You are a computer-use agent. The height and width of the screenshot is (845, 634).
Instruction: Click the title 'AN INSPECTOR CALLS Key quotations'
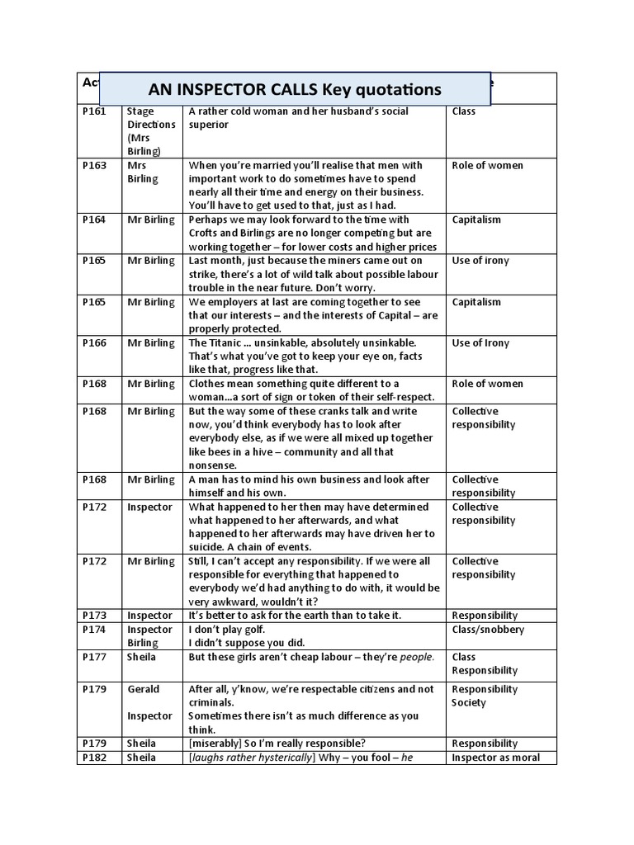(x=295, y=89)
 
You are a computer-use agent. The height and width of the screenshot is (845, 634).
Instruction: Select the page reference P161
(x=95, y=111)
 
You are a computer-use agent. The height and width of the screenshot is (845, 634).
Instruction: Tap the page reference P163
(x=95, y=166)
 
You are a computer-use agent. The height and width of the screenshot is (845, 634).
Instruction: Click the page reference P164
(x=95, y=220)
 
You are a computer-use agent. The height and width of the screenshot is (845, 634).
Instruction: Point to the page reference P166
(x=95, y=343)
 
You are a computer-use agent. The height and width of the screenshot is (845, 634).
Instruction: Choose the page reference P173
(x=95, y=616)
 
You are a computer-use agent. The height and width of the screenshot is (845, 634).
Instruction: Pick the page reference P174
(x=95, y=630)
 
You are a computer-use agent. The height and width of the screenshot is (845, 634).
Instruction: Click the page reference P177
(x=95, y=657)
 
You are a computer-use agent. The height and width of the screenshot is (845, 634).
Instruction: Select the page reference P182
(x=95, y=758)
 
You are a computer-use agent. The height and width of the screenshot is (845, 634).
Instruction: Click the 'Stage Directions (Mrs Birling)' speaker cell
(x=151, y=131)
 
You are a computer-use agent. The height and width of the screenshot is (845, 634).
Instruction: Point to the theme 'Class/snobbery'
(x=488, y=630)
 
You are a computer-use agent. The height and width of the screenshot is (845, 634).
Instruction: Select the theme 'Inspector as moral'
(x=495, y=758)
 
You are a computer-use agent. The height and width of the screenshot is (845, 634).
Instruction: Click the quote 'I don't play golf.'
(x=229, y=630)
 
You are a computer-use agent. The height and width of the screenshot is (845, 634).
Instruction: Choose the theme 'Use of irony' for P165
(x=480, y=262)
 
